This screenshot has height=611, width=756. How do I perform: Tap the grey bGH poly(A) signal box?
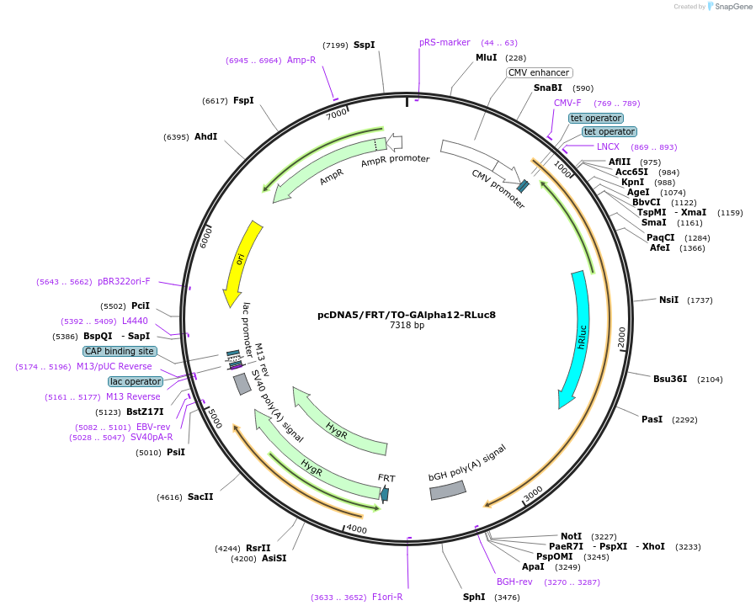(448, 490)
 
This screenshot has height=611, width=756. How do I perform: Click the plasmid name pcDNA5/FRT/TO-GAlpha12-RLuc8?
(407, 315)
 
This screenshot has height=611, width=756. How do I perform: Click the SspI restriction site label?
(364, 45)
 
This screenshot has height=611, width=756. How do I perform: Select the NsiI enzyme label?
(668, 300)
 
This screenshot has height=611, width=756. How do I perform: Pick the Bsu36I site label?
(670, 379)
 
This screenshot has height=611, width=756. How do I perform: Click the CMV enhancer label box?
(539, 72)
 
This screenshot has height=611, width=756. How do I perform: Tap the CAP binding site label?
(120, 351)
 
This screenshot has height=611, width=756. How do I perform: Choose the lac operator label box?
(135, 381)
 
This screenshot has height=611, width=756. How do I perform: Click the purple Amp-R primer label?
(301, 60)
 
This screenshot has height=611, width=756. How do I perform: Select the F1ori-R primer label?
(387, 597)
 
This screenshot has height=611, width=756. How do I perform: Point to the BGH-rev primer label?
(514, 582)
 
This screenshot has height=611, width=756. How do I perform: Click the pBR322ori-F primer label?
(124, 281)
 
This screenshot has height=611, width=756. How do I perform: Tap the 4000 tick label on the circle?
(357, 529)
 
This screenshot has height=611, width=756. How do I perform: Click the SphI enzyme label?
(474, 597)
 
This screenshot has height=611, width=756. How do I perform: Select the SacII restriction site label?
(200, 497)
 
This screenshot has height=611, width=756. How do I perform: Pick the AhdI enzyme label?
(205, 136)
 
